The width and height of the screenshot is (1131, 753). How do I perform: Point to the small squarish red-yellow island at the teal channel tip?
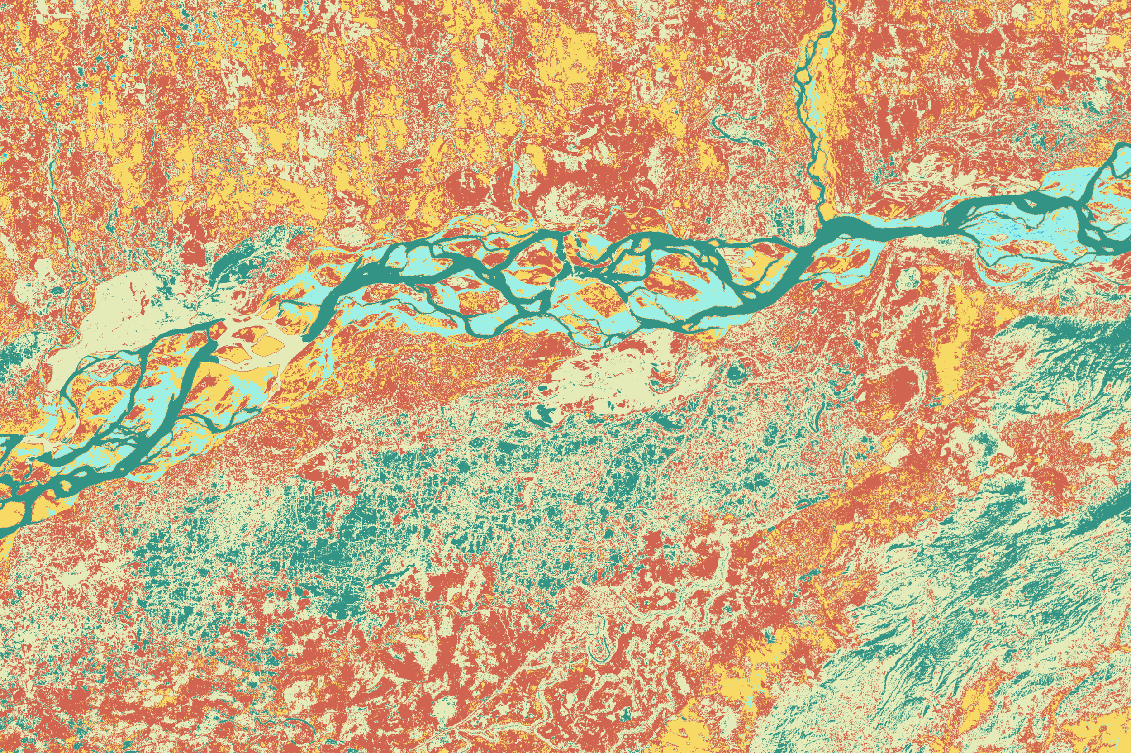[219, 329]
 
